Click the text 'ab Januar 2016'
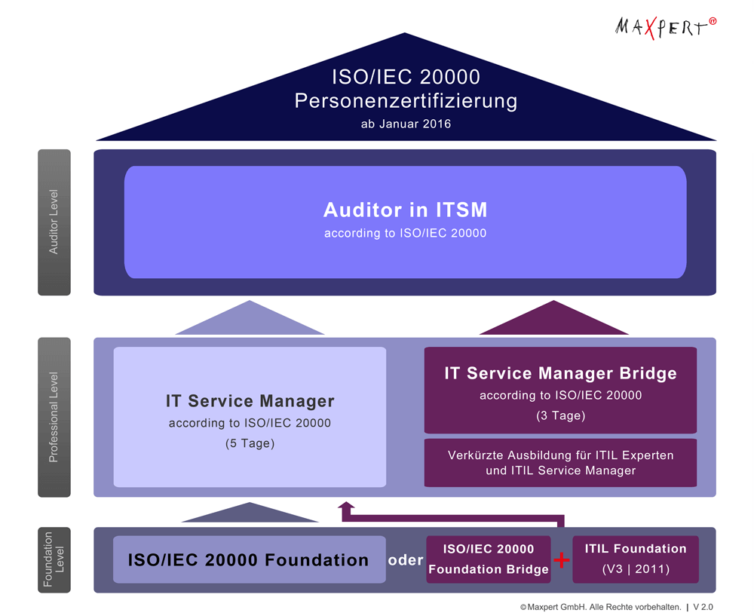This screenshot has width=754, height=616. pos(406,124)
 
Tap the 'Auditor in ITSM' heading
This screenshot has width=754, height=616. pos(406,210)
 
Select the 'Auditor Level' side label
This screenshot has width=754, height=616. pos(54,222)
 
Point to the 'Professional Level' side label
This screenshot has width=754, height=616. pos(54,417)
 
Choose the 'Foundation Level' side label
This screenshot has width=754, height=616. pos(54,559)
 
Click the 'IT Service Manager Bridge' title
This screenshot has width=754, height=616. pos(560,373)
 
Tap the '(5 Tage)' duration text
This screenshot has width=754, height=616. pos(250,443)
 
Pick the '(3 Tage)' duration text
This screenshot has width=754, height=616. pos(560,415)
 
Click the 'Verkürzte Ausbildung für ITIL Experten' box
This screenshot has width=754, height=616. pos(560,463)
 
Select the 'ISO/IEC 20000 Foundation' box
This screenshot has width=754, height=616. pos(249,559)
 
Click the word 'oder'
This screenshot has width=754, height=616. pos(406,560)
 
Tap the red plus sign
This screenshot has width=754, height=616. pos(562,560)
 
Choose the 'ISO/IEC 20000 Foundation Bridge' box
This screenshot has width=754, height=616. pos(489,559)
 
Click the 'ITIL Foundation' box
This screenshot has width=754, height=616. pos(636,559)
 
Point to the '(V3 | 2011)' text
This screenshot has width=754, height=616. pos(636,569)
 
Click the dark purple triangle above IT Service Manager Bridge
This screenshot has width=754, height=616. pos(554,321)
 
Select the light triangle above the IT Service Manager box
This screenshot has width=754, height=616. pos(250,321)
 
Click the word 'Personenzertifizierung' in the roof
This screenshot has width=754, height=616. pos(406,100)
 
